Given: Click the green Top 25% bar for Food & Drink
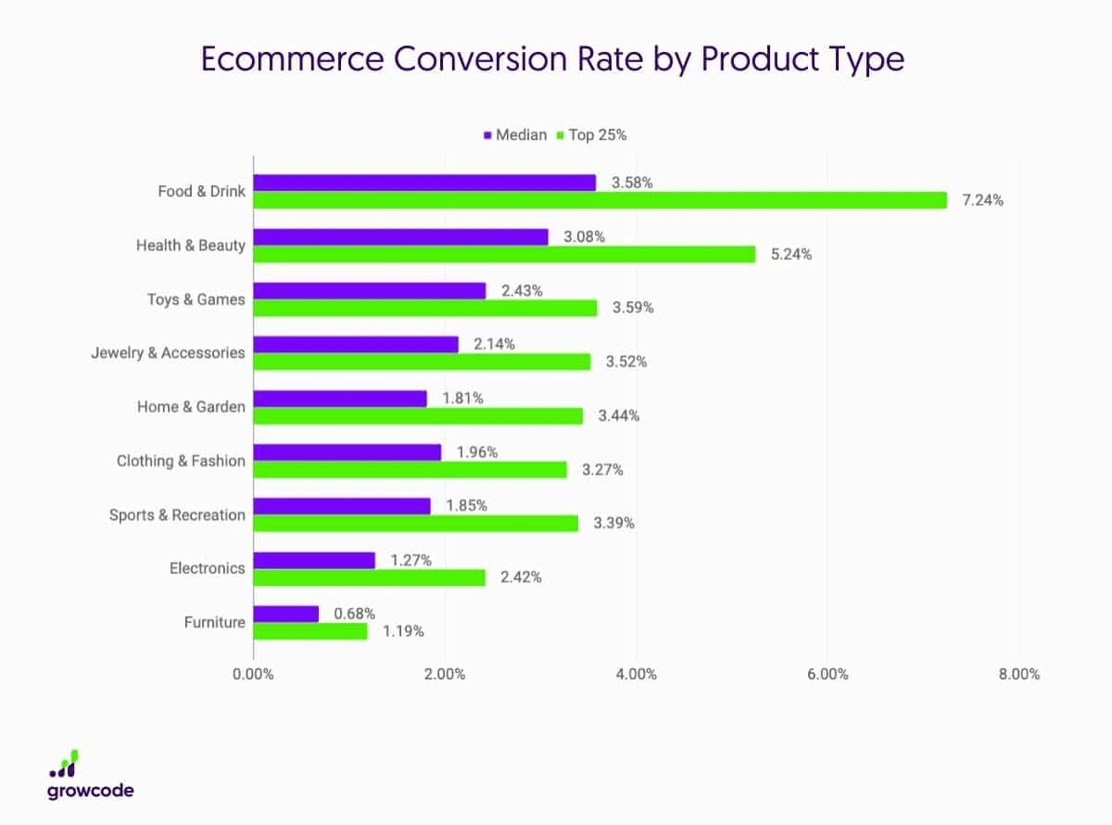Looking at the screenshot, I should tap(600, 200).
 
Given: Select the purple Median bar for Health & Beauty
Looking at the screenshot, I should tap(400, 237).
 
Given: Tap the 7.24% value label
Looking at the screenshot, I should tap(982, 200).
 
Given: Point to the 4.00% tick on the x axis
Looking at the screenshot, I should tap(636, 674).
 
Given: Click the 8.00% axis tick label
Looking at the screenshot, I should tap(1018, 674).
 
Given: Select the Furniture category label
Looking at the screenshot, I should tap(214, 622).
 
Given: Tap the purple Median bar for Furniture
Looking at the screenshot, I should tap(285, 614).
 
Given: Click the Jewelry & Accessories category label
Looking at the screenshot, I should tap(168, 353).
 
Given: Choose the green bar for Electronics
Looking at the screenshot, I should tap(369, 577).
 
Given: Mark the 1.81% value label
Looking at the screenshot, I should tap(462, 399).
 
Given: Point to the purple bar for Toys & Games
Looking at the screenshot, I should tap(369, 291).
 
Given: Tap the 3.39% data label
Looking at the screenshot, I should tap(613, 524).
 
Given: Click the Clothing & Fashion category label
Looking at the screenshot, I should tap(181, 461).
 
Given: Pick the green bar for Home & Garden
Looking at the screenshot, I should tap(418, 416).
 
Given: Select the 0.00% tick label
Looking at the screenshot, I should tap(253, 674).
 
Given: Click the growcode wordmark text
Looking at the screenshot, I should tap(90, 791).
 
